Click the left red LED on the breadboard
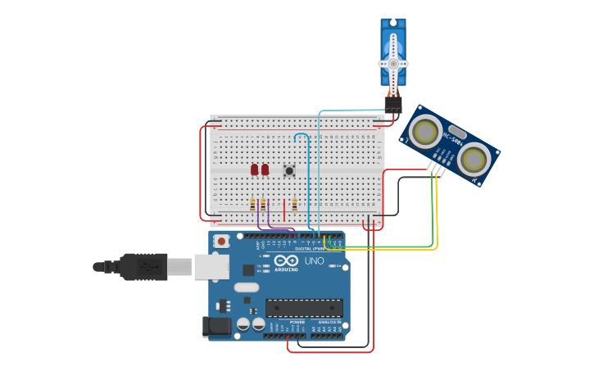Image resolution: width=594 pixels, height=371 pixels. pos(255,170)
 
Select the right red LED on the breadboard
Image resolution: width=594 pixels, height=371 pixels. pos(265,170)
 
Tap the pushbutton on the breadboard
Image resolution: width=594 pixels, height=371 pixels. pos(289,170)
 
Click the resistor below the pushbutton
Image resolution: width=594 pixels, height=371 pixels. pos(294,204)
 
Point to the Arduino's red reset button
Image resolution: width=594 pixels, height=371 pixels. pos(221,241)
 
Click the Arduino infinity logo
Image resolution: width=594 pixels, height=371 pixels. pos(287,262)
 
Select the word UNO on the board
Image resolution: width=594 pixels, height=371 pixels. pos(315,261)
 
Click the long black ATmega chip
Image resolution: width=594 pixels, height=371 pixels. pos(304,308)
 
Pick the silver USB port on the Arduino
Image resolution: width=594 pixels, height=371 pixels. pos(211,266)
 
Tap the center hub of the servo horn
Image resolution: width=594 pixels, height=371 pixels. pos(393,63)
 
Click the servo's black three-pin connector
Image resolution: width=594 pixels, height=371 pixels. pos(393,104)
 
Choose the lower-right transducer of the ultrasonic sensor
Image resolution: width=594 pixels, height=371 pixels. pos(474,160)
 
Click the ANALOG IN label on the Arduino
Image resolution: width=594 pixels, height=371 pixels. pos(329,323)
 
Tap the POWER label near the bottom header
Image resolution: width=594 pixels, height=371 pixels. pos(297,323)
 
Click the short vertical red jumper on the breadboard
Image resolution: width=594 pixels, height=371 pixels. pos(284,209)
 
